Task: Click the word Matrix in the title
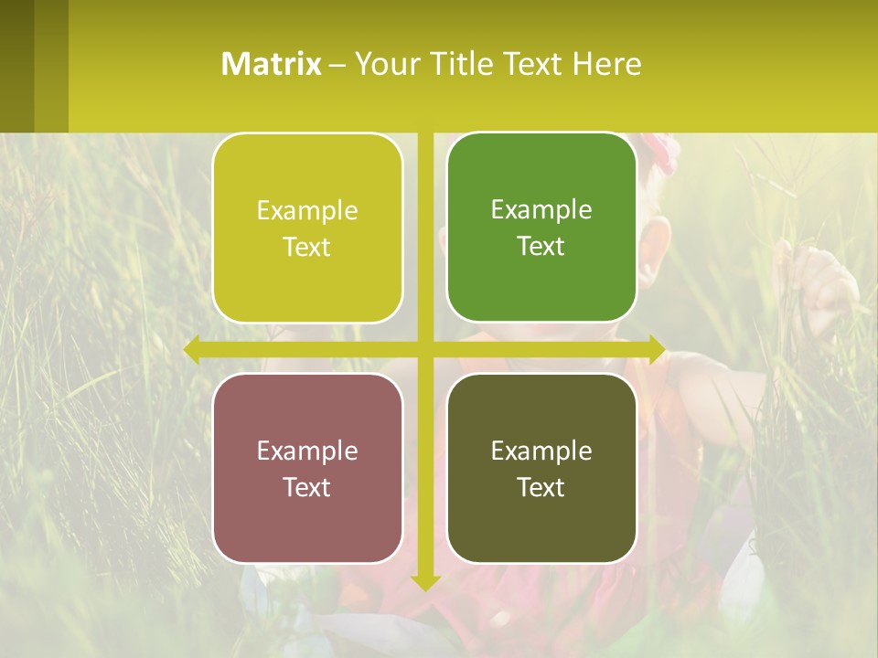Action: click(271, 64)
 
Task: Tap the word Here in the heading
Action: click(606, 64)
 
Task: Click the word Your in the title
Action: click(388, 64)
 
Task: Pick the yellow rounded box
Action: click(307, 228)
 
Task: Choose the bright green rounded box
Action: click(541, 228)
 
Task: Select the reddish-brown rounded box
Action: click(307, 468)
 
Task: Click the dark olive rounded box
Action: click(541, 468)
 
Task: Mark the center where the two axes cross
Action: click(425, 349)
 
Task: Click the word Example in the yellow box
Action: click(307, 211)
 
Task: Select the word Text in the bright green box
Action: click(541, 247)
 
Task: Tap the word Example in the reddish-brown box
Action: click(307, 451)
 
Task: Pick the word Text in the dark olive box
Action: click(541, 487)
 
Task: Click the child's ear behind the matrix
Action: click(652, 260)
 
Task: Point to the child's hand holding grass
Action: click(823, 283)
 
